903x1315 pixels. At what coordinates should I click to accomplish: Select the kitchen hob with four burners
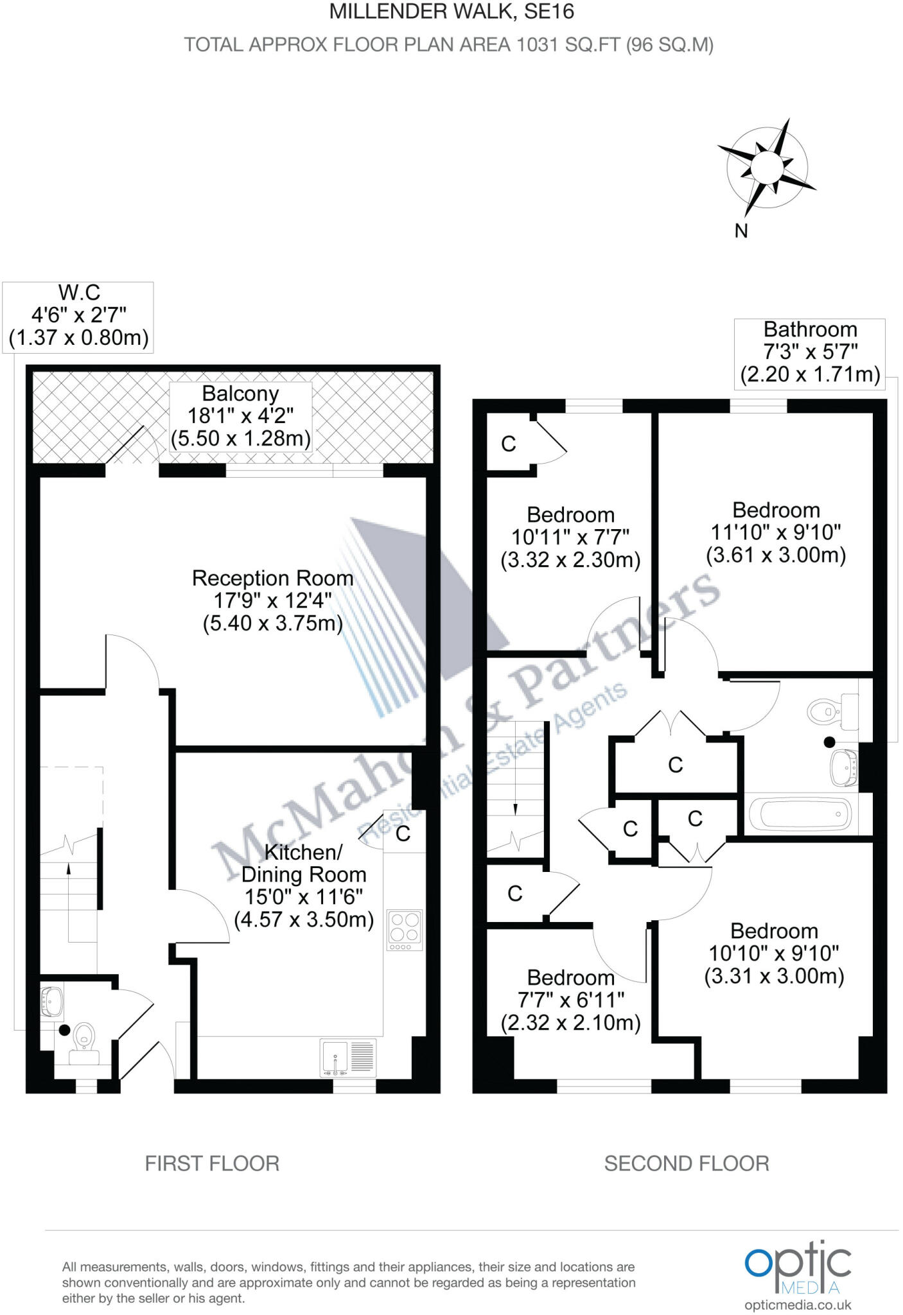click(405, 930)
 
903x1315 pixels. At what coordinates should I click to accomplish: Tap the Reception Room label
click(273, 600)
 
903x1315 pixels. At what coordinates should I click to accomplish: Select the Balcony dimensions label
click(241, 416)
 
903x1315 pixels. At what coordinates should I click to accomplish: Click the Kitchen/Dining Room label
click(304, 885)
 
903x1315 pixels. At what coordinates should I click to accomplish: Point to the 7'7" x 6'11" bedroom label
click(571, 1000)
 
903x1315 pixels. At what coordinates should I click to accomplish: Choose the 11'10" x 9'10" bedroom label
click(776, 532)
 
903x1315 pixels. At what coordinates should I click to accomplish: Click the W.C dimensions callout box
click(78, 316)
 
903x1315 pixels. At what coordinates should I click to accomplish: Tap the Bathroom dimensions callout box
click(810, 352)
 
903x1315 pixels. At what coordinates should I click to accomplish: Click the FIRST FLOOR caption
click(212, 1163)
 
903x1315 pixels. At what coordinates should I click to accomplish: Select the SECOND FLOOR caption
click(687, 1163)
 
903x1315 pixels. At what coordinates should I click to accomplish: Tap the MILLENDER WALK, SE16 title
click(451, 12)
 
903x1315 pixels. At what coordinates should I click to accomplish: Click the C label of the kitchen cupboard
click(403, 833)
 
